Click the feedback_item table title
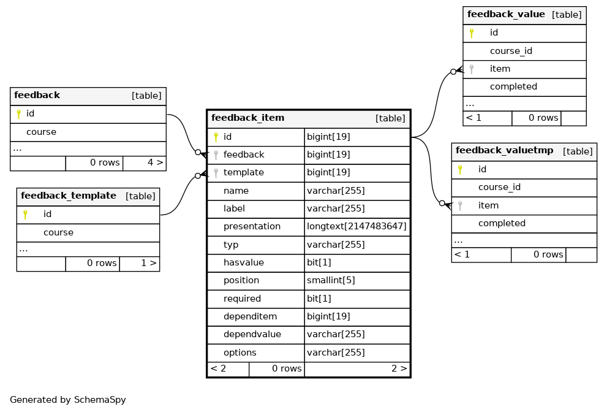pyautogui.click(x=247, y=118)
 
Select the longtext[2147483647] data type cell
pyautogui.click(x=356, y=226)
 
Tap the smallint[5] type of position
pyautogui.click(x=331, y=280)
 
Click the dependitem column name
pyautogui.click(x=250, y=316)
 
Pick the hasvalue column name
pyautogui.click(x=244, y=262)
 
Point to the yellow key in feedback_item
pyautogui.click(x=216, y=137)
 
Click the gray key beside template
pyautogui.click(x=216, y=173)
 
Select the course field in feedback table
pyautogui.click(x=41, y=132)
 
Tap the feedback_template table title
pyautogui.click(x=69, y=196)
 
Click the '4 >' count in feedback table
pyautogui.click(x=155, y=162)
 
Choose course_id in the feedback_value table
pyautogui.click(x=511, y=51)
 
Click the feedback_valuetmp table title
pyautogui.click(x=505, y=150)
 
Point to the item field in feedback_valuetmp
pyautogui.click(x=488, y=205)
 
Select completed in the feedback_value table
pyautogui.click(x=513, y=86)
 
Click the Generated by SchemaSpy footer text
pyautogui.click(x=68, y=400)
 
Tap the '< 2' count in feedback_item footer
pyautogui.click(x=218, y=368)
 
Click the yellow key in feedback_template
pyautogui.click(x=25, y=215)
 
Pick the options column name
pyautogui.click(x=239, y=353)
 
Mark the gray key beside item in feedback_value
pyautogui.click(x=472, y=69)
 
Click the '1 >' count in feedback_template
pyautogui.click(x=149, y=263)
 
